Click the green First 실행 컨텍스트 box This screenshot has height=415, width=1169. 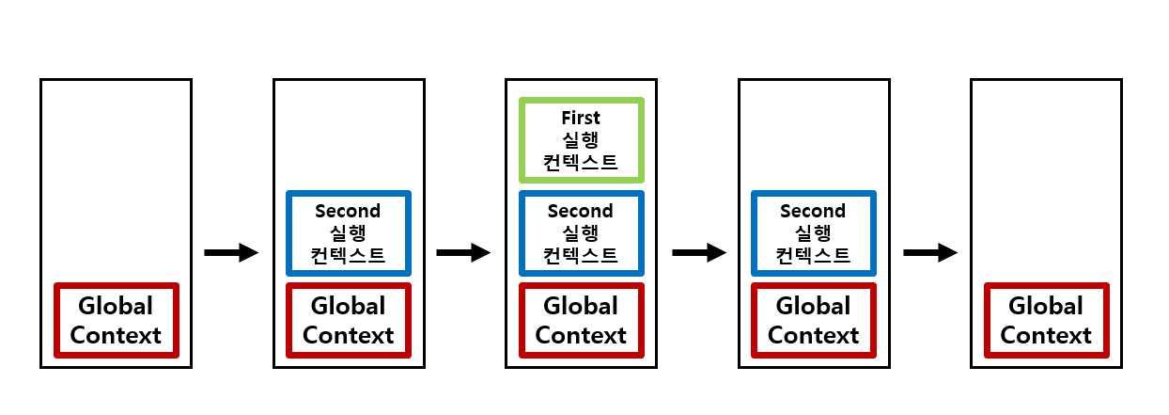click(x=581, y=139)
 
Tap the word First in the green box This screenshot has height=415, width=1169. click(x=581, y=118)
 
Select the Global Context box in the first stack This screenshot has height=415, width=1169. click(x=117, y=320)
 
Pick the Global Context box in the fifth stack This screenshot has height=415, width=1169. click(x=1046, y=320)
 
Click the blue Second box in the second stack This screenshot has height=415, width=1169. click(x=348, y=233)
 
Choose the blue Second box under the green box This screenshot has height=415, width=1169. click(x=581, y=233)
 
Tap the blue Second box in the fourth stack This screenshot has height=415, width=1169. click(x=813, y=233)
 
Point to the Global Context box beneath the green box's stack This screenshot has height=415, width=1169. click(x=581, y=320)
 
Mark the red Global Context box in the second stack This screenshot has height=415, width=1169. click(x=348, y=320)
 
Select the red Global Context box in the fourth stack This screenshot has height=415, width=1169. click(x=813, y=320)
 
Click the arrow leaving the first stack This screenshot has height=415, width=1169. click(x=231, y=252)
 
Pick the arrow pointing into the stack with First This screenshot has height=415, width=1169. click(x=463, y=252)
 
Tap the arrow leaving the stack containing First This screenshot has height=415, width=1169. click(x=699, y=252)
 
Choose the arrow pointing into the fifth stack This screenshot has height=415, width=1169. click(x=930, y=252)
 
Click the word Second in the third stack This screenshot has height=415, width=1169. click(x=581, y=212)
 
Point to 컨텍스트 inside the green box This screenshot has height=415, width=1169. click(x=581, y=162)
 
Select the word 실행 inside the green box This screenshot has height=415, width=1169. click(x=581, y=140)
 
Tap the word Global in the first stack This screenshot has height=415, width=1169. click(x=117, y=306)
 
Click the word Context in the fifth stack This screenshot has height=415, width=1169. click(x=1046, y=335)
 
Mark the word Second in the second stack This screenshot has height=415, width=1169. click(x=348, y=212)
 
